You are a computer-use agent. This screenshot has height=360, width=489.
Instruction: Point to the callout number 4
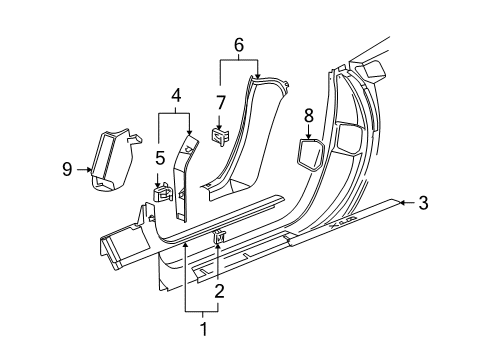pyautogui.click(x=175, y=97)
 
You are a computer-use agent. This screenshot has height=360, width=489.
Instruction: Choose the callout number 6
pyautogui.click(x=237, y=45)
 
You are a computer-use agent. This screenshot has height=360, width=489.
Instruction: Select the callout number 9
pyautogui.click(x=68, y=170)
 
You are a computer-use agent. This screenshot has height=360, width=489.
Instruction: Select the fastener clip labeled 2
pyautogui.click(x=220, y=264)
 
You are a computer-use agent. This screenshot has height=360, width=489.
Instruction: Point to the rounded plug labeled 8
pyautogui.click(x=308, y=155)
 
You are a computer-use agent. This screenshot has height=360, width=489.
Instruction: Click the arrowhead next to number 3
pyautogui.click(x=401, y=203)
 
